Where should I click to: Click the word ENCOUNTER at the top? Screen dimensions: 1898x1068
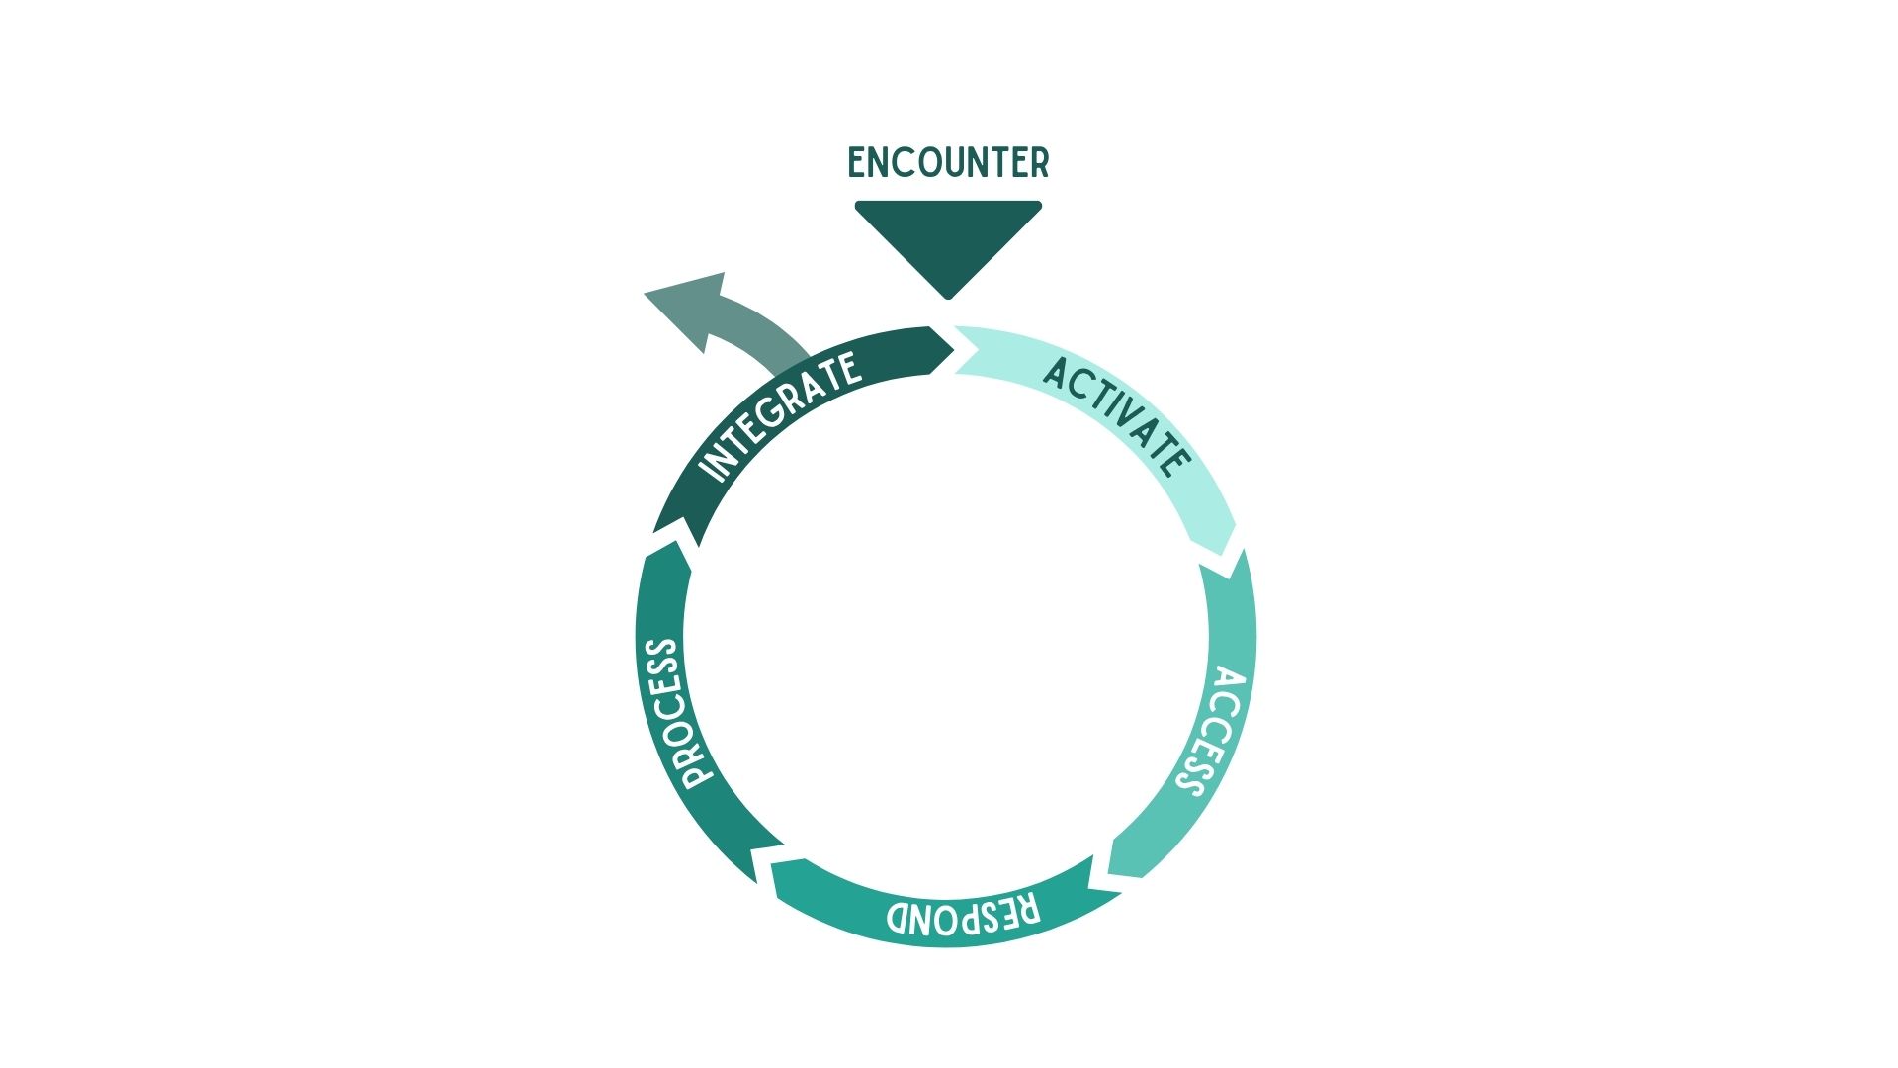coord(948,163)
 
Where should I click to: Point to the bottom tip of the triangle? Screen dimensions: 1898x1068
coord(948,299)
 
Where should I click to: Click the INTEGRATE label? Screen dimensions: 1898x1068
coord(778,416)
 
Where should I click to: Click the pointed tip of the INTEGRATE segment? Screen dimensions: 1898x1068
coord(954,347)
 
